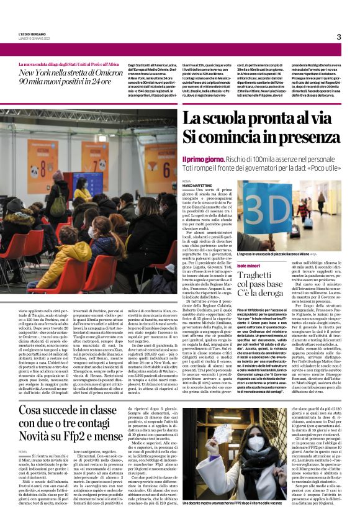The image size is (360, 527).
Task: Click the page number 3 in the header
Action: [x=339, y=37]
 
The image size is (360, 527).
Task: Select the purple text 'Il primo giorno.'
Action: [x=202, y=159]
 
